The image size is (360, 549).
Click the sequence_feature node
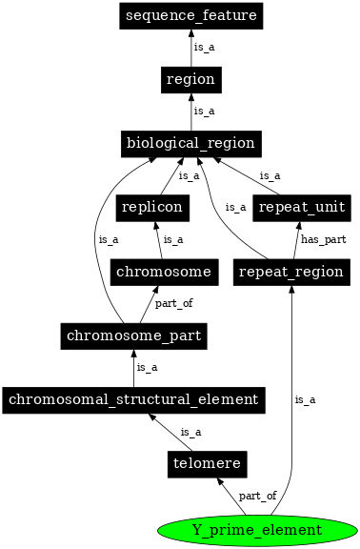(x=190, y=16)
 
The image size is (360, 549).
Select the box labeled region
(x=190, y=79)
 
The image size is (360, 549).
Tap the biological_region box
(x=190, y=144)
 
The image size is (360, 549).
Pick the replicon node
(x=150, y=207)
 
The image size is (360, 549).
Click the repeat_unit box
(x=300, y=207)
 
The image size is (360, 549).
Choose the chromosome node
(x=162, y=272)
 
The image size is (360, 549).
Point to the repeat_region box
(x=290, y=272)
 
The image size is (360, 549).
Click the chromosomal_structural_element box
(x=132, y=399)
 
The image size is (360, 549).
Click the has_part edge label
(x=318, y=239)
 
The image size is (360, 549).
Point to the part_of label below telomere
(x=257, y=496)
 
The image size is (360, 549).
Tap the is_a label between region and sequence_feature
(x=204, y=47)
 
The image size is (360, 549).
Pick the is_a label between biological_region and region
(x=204, y=112)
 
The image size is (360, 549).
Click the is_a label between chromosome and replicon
(x=173, y=239)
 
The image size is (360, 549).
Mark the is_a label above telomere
(x=190, y=432)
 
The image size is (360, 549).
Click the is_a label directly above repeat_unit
(x=270, y=175)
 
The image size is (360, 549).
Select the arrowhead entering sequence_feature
(x=190, y=34)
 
